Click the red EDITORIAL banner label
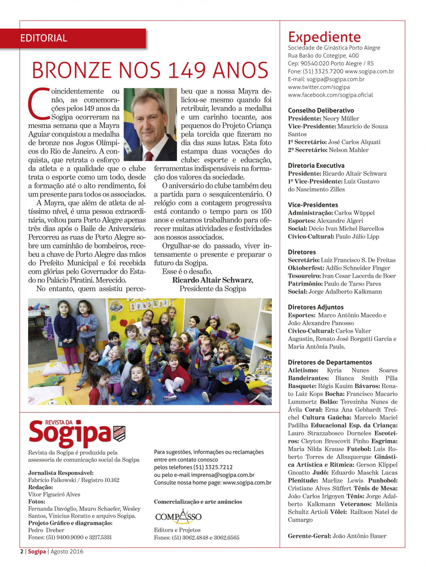(x=44, y=38)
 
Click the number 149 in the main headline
(x=187, y=70)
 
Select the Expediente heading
(x=324, y=37)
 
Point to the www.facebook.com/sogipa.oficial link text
(x=330, y=95)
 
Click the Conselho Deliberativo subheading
(x=321, y=110)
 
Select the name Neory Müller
(x=341, y=118)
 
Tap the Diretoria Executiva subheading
(x=316, y=166)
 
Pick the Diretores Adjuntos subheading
(x=315, y=307)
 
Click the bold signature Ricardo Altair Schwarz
(x=212, y=280)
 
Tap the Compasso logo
(x=178, y=517)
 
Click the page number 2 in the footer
(x=22, y=551)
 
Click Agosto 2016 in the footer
(x=67, y=551)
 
